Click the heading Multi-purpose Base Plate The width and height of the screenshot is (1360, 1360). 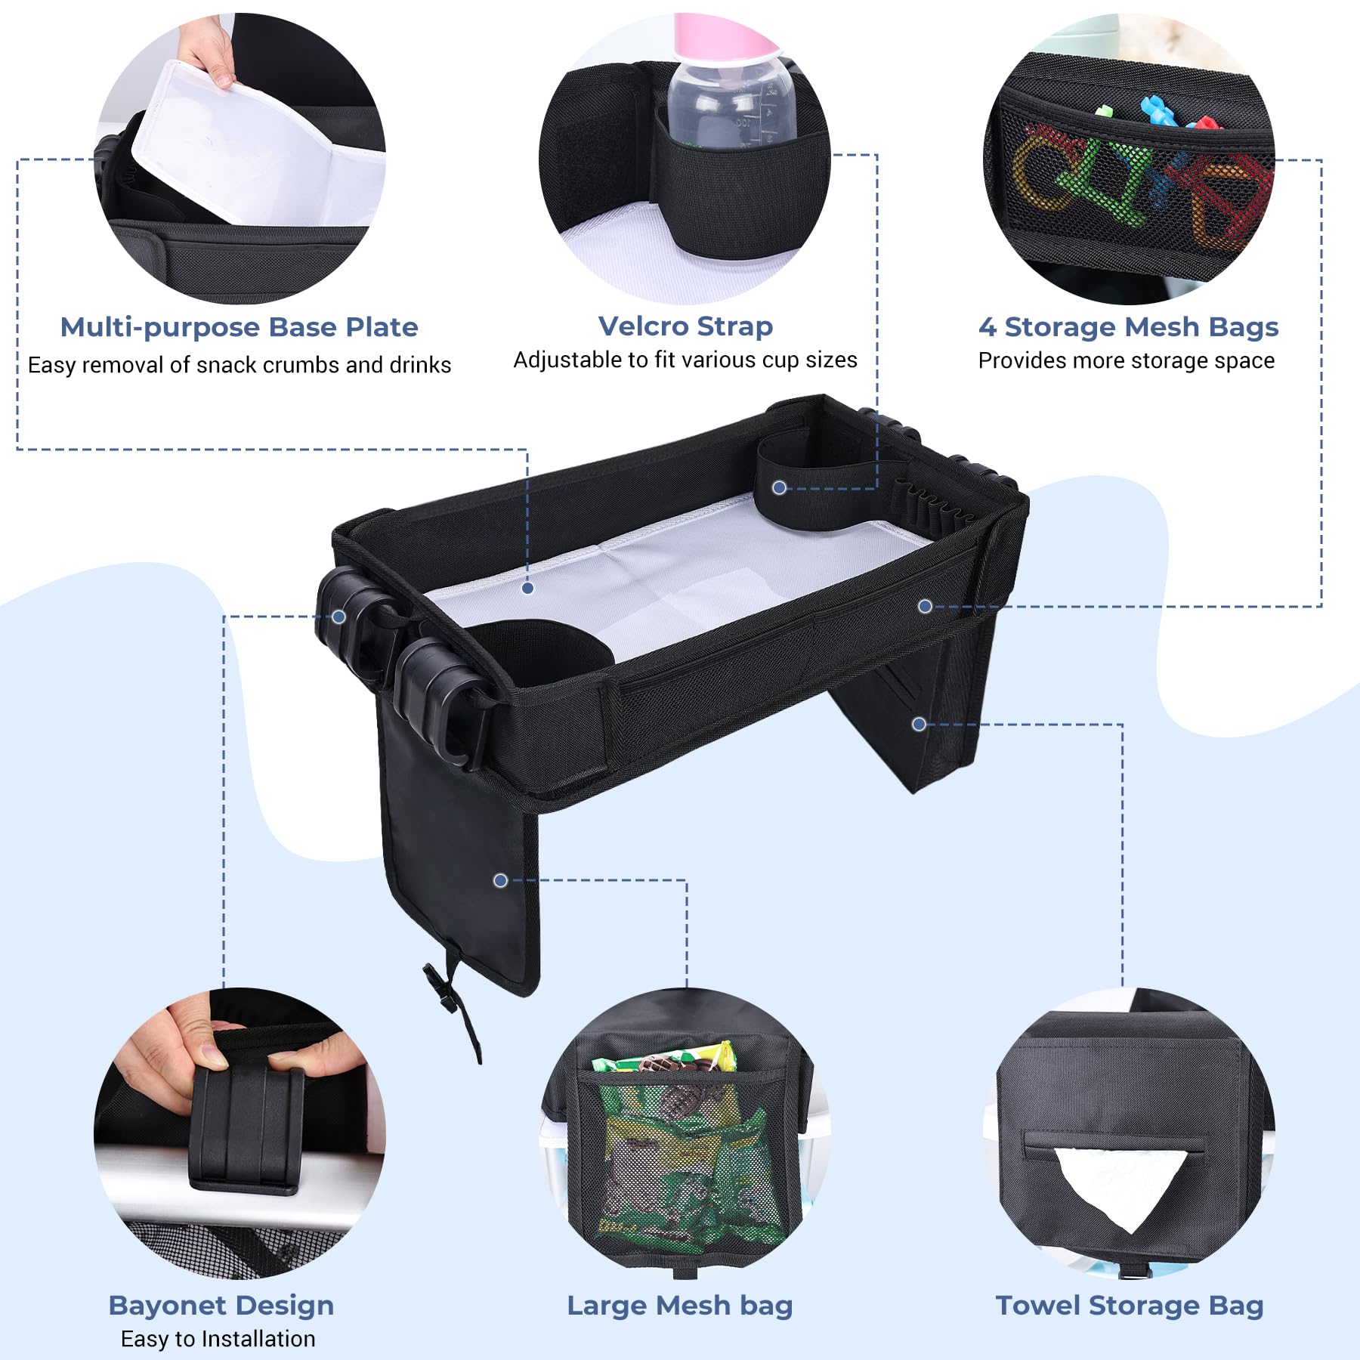coord(239,327)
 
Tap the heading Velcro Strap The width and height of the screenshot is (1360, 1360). coord(685,326)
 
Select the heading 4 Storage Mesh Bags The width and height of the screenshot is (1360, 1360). coord(1128,327)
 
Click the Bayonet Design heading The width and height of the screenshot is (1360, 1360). coord(221,1305)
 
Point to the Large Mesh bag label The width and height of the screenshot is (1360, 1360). coord(679,1305)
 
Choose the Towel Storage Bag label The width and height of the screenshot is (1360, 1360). coord(1130,1305)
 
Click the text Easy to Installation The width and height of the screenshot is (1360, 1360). coord(218,1339)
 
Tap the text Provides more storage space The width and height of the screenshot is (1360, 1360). coord(1126,361)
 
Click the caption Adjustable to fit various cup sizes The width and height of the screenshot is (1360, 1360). coord(685,360)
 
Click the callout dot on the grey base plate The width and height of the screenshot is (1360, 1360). coord(528,588)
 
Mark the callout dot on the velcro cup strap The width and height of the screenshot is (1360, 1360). coord(779,487)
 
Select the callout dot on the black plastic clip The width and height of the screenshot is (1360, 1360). coord(339,617)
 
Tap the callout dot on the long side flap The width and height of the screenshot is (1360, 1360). coord(500,880)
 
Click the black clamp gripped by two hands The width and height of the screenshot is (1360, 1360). coord(246,1126)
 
